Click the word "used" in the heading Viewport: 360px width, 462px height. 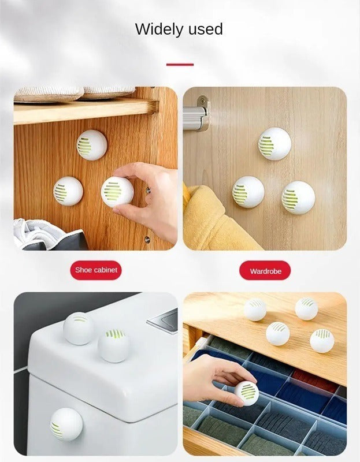(x=203, y=29)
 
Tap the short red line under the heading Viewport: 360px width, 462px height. (x=180, y=64)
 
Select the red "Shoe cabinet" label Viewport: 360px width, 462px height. (x=95, y=270)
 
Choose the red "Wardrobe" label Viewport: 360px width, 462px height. (x=265, y=270)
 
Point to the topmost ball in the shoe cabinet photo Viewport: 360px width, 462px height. (x=91, y=144)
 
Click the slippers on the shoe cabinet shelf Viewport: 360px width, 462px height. (x=75, y=93)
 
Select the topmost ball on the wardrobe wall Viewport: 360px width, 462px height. (x=274, y=143)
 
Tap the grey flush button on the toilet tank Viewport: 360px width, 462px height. (x=166, y=319)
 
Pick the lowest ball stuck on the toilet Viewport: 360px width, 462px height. (x=66, y=424)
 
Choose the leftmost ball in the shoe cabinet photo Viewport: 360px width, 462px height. (x=68, y=190)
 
